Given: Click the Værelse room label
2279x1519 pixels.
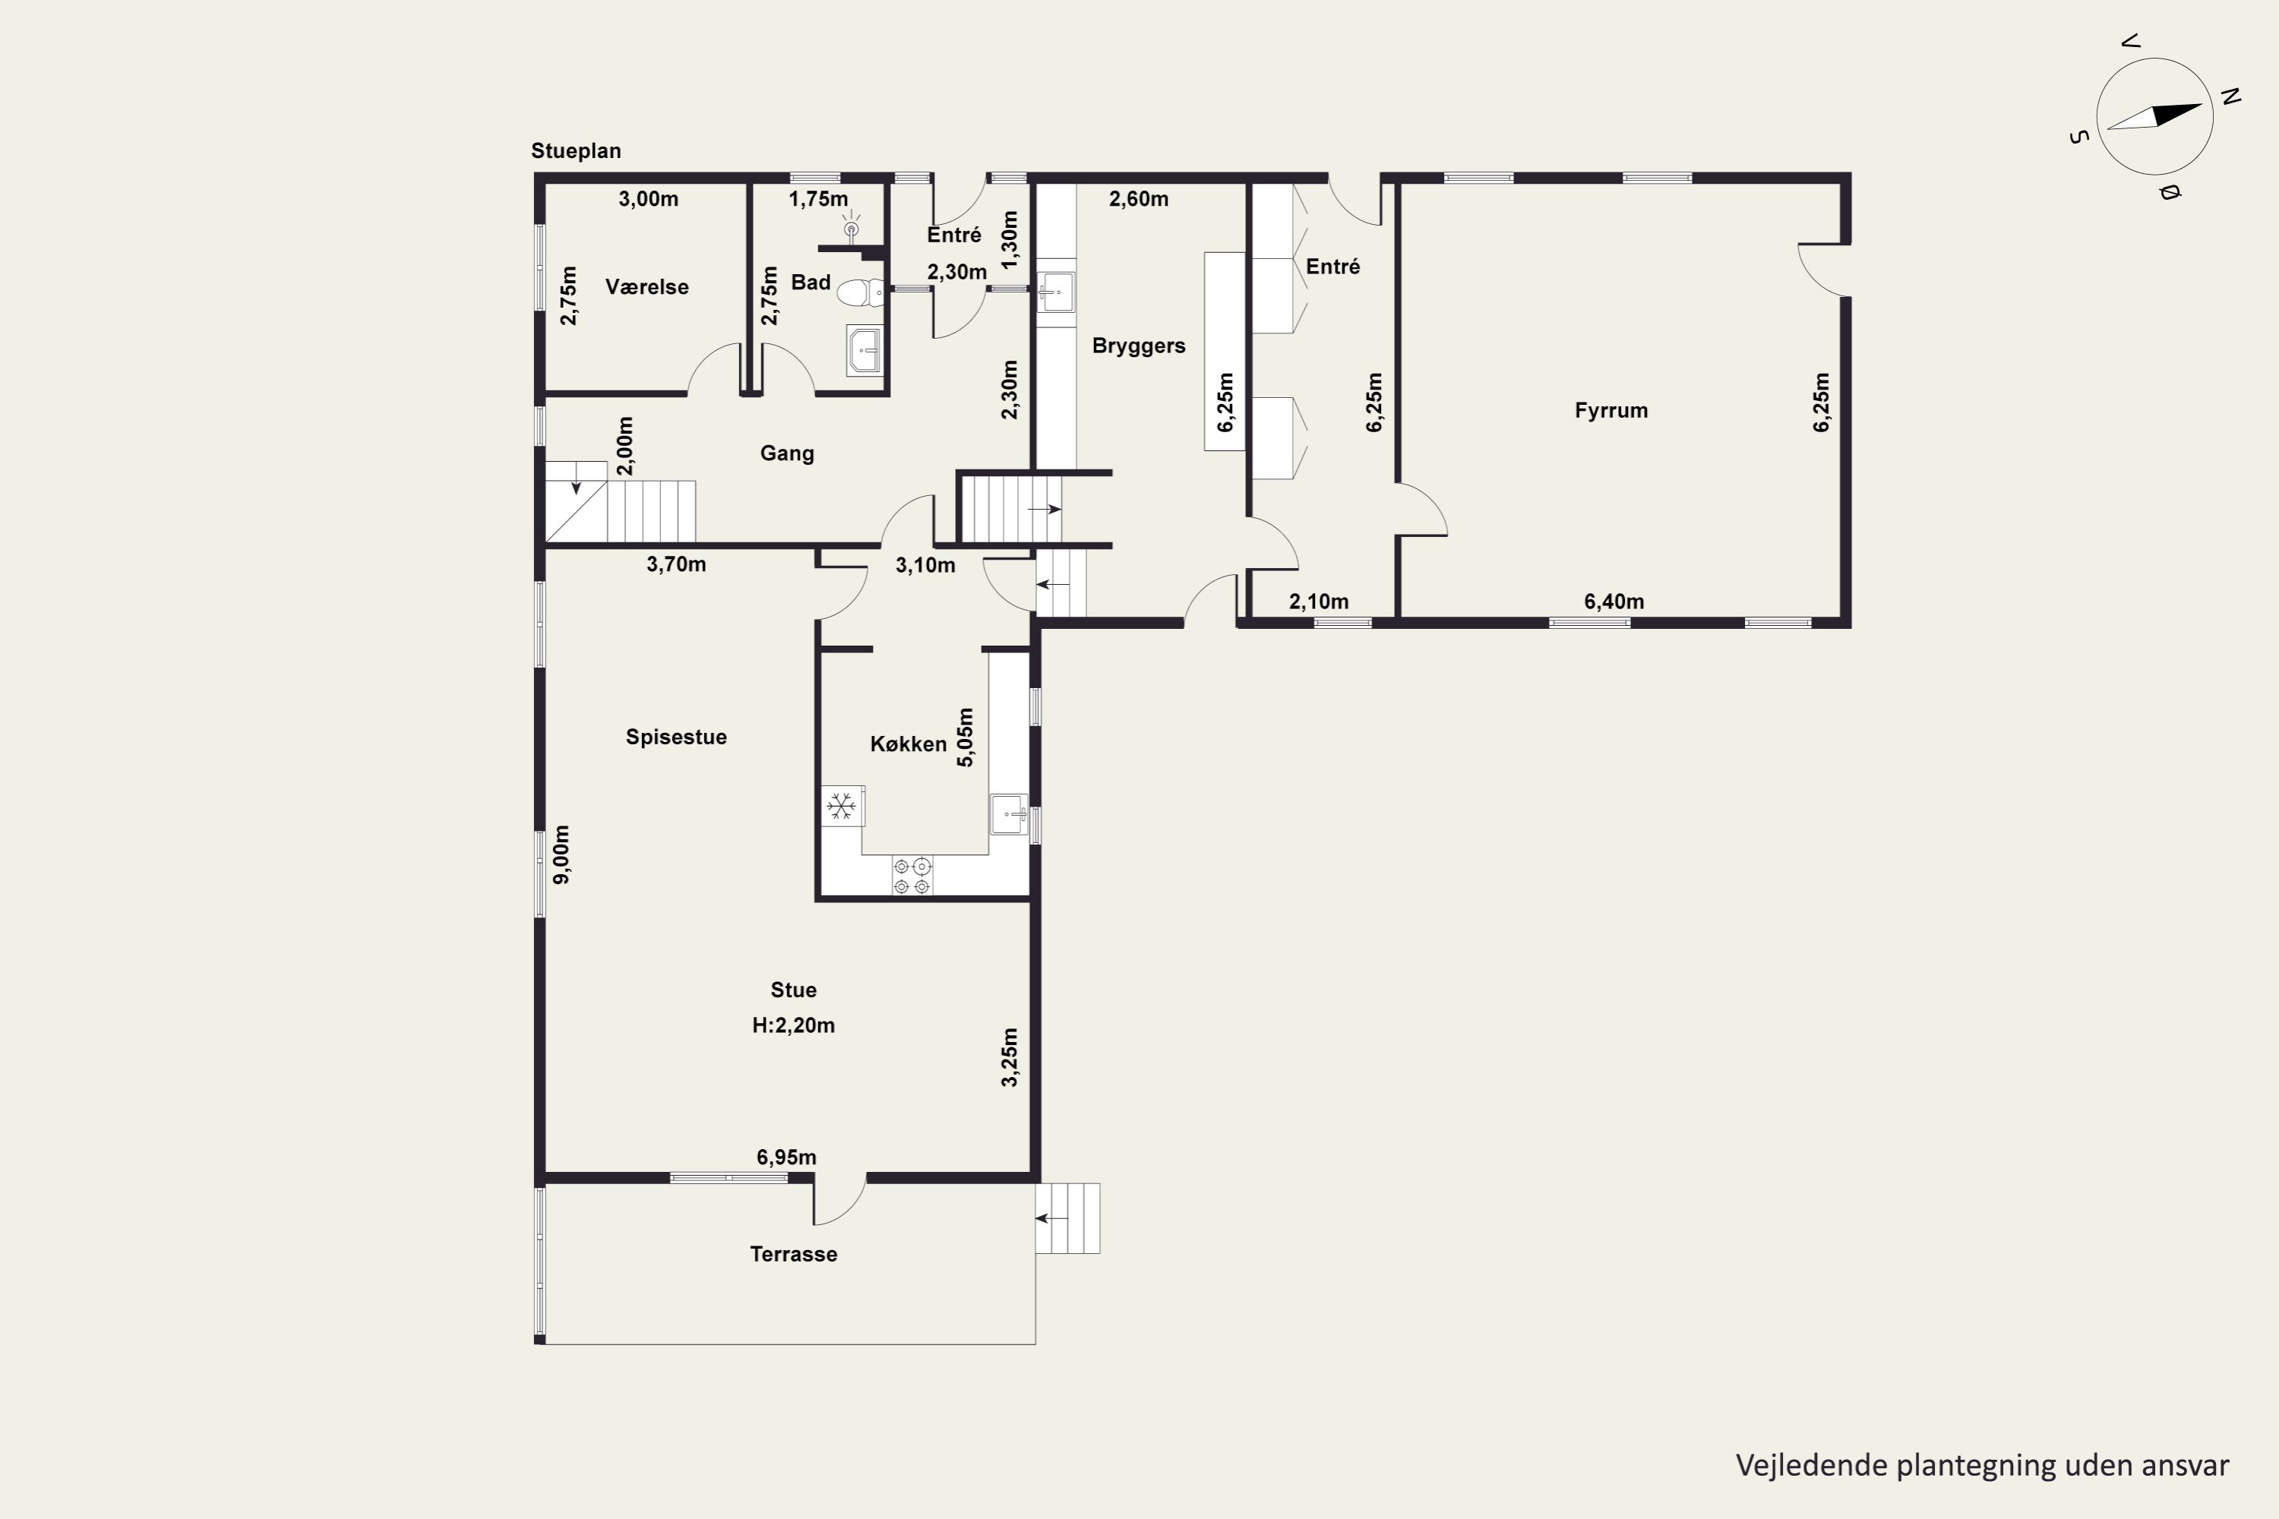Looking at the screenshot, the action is pyautogui.click(x=646, y=287).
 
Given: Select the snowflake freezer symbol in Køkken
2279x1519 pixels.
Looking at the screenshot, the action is pyautogui.click(x=841, y=806).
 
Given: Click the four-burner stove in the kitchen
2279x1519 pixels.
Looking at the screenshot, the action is pyautogui.click(x=912, y=876).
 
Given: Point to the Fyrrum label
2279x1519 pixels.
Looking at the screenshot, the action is pyautogui.click(x=1610, y=411).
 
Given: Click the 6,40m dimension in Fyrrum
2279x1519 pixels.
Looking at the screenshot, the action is pyautogui.click(x=1614, y=602).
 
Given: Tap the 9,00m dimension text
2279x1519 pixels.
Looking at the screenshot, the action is pyautogui.click(x=561, y=854).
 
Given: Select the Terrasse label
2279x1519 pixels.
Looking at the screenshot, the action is pyautogui.click(x=794, y=1254).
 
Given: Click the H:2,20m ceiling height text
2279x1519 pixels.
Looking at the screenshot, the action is pyautogui.click(x=794, y=1025).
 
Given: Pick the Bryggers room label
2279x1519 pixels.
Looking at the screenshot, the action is pyautogui.click(x=1139, y=346).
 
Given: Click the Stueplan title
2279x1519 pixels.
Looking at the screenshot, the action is pyautogui.click(x=576, y=151).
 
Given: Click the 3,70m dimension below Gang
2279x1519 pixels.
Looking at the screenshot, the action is pyautogui.click(x=675, y=564).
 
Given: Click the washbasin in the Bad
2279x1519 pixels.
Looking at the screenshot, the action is pyautogui.click(x=865, y=349).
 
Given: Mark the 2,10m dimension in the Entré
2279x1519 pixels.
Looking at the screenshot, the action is pyautogui.click(x=1318, y=602).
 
